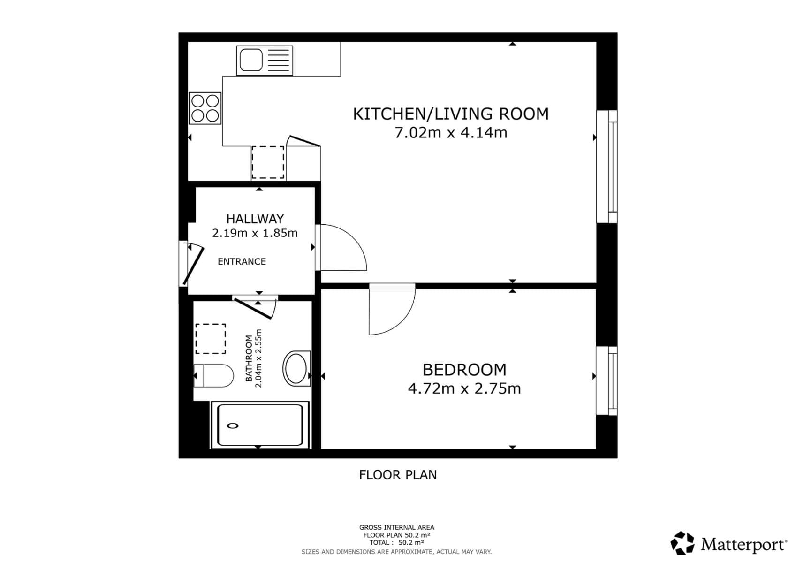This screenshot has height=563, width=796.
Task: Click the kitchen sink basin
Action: click(251, 60)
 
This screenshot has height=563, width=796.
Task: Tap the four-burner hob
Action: click(205, 108)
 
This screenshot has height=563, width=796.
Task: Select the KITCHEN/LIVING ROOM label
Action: click(450, 114)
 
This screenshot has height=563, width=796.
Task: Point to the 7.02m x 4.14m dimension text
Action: click(450, 133)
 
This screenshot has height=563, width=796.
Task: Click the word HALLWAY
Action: click(255, 219)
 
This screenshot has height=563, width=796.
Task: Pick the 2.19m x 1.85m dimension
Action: click(255, 233)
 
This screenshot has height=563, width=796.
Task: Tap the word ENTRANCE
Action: click(242, 262)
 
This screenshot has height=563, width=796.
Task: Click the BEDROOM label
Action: click(464, 370)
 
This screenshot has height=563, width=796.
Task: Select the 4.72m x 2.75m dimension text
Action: click(464, 389)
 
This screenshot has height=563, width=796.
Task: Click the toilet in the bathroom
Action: click(214, 375)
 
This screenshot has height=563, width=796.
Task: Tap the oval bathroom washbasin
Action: click(296, 368)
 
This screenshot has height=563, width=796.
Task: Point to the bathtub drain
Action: click(233, 426)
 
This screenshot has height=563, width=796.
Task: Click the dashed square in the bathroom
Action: click(211, 339)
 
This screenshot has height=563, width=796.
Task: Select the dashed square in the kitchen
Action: click(268, 162)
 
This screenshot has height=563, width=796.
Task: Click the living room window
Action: click(607, 167)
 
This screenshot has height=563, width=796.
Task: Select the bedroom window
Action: click(607, 380)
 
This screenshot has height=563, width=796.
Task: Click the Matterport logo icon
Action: click(682, 544)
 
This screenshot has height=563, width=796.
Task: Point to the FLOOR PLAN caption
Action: click(398, 475)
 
